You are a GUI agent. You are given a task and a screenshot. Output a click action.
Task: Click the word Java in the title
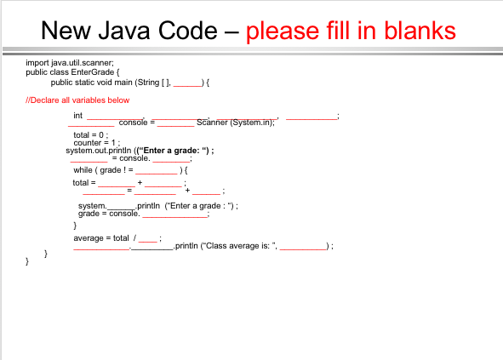(124, 31)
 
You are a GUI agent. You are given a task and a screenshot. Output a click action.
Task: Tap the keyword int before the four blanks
(78, 115)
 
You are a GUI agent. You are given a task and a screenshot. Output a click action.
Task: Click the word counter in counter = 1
(87, 143)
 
